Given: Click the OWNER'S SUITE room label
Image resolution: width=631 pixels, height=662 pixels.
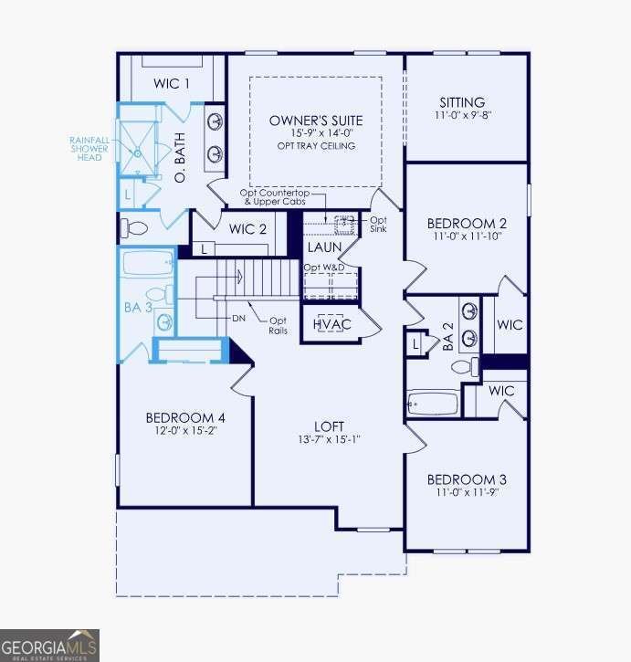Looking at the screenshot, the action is [316, 121].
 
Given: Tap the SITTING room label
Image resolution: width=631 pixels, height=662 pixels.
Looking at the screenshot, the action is [462, 102].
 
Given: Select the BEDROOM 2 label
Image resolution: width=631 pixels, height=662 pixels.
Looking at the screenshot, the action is [467, 224].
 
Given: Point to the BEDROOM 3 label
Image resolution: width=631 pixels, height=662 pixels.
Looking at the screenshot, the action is [467, 479].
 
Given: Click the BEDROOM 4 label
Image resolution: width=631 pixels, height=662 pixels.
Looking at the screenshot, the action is [185, 418].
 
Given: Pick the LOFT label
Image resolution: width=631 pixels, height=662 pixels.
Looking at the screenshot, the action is [329, 426].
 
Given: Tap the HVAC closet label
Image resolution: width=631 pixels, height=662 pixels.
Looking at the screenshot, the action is [332, 324].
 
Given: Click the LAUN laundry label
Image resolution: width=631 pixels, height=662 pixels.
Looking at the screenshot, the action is [324, 247].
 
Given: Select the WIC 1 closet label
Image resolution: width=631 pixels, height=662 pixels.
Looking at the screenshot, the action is [171, 83].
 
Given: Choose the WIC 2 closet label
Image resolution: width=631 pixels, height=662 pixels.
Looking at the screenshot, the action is [247, 229].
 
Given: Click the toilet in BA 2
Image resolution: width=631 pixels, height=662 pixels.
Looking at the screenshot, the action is [465, 366].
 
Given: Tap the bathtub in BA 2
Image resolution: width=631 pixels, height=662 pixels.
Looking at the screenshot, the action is [433, 404].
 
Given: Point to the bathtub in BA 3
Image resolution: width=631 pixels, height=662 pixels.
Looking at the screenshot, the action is [148, 262].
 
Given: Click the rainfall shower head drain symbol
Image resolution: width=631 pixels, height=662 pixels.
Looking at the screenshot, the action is [137, 153].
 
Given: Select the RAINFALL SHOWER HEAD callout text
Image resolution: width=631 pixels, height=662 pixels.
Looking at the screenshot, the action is [89, 149].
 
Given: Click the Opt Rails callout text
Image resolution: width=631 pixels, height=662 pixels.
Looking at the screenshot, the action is [278, 325].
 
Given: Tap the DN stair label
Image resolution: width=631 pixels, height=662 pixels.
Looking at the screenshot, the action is [238, 319].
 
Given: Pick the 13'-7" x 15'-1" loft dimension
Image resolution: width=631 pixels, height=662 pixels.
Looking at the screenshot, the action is [329, 439].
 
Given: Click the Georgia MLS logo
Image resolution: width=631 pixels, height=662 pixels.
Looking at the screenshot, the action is [50, 646].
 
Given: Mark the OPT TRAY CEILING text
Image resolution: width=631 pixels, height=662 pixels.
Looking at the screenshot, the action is [316, 146].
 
